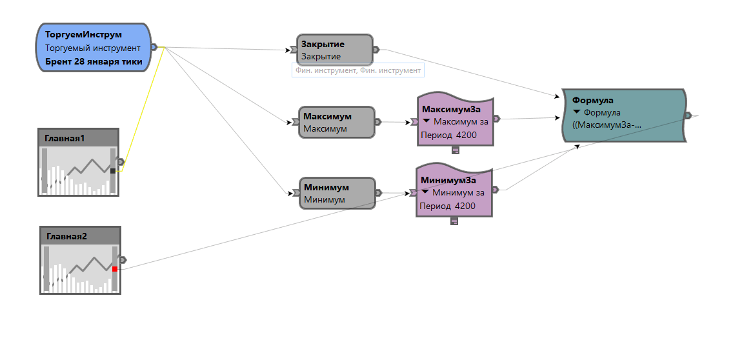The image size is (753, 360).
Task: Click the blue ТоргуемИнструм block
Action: point(94,48)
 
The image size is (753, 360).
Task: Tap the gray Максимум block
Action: point(337,122)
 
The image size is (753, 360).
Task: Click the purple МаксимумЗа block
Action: point(455,119)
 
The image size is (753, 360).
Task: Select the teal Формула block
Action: point(623,115)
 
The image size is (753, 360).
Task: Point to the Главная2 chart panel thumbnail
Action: point(80,260)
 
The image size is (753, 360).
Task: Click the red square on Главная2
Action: point(115,268)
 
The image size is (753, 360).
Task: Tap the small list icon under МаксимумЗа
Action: point(456,150)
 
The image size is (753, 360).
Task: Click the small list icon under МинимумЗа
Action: point(454,221)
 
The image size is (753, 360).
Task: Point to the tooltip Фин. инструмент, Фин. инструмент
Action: point(358,70)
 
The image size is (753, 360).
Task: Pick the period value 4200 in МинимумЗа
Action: point(465,206)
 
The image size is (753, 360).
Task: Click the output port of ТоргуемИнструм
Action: point(154,47)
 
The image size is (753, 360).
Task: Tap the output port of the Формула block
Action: point(688,115)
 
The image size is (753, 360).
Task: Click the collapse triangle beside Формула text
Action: point(577,112)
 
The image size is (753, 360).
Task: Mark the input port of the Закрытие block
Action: point(294,50)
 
